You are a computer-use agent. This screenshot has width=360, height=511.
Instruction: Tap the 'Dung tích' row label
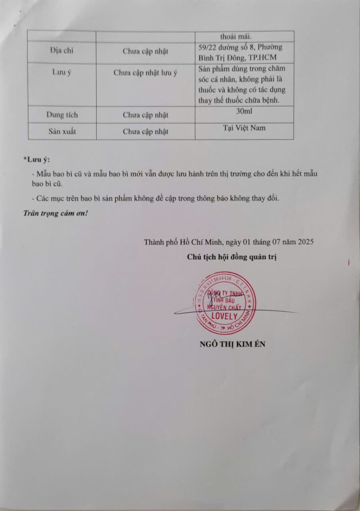click(62, 115)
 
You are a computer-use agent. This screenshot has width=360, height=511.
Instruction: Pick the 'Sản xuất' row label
click(62, 131)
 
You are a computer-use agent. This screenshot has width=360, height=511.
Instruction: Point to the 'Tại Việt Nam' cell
click(244, 128)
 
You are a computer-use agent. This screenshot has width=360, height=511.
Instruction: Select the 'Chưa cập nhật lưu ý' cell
click(146, 72)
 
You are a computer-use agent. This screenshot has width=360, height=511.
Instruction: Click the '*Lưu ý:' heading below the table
click(37, 160)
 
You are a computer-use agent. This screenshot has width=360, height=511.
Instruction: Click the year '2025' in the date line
click(305, 242)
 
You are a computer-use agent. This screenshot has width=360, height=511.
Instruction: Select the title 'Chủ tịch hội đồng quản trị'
click(232, 257)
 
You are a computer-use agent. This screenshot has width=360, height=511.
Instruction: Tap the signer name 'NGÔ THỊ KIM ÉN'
click(232, 344)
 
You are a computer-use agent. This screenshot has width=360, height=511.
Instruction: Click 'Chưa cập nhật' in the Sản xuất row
click(146, 131)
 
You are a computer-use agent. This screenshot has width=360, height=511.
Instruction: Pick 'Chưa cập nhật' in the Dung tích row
click(146, 115)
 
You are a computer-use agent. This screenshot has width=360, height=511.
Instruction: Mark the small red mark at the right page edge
click(349, 263)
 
